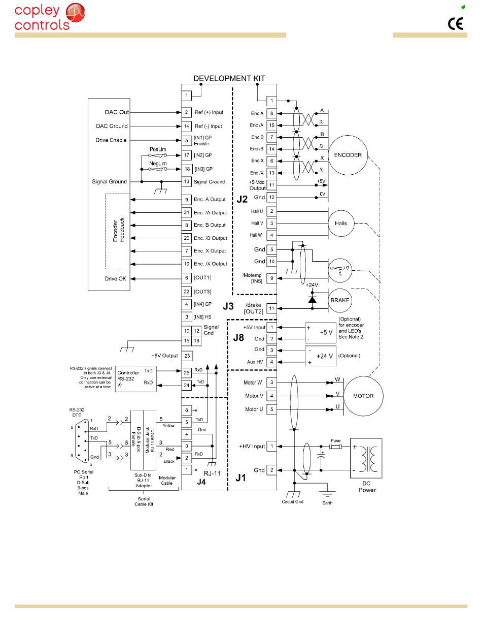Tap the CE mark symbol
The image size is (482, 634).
(455, 24)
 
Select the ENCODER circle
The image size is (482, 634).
(348, 155)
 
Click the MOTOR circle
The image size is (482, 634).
(363, 396)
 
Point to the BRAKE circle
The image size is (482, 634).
(339, 300)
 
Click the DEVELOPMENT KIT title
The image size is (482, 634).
(229, 78)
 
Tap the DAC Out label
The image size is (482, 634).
(116, 112)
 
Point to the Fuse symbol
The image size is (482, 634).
(335, 447)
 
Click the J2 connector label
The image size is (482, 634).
(243, 200)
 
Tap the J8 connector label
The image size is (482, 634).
(238, 337)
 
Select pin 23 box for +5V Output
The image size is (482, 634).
(187, 356)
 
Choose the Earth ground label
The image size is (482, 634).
(327, 502)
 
